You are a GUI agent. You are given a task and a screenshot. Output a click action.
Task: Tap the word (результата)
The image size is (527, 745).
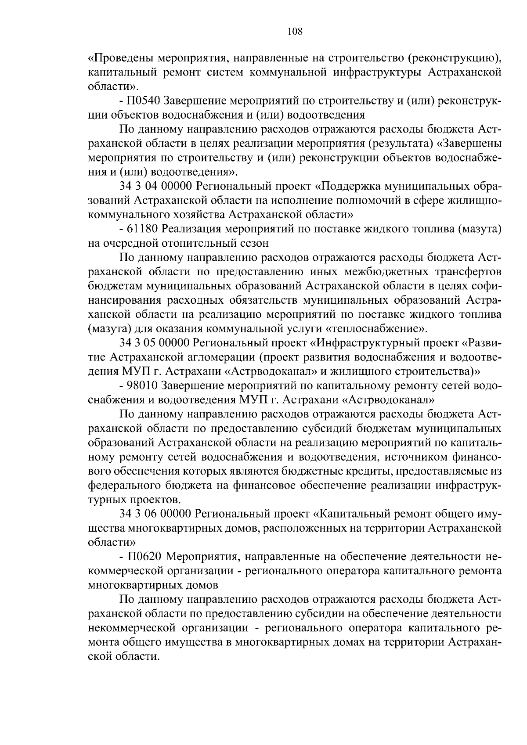401,144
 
